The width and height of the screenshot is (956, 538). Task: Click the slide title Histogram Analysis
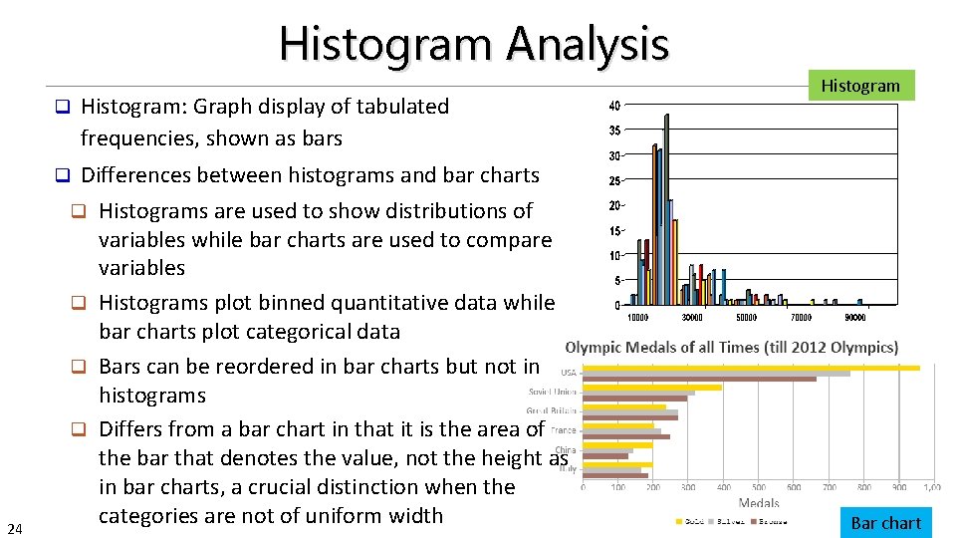[474, 44]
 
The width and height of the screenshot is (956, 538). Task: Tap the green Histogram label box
[859, 86]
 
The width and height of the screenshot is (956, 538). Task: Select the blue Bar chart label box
[885, 523]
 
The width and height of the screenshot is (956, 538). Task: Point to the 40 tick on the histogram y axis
[614, 106]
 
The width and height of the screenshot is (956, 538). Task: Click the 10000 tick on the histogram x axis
[637, 318]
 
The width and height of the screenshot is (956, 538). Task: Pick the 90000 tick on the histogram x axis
[855, 318]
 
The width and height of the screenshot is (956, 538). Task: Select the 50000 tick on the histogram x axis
[746, 318]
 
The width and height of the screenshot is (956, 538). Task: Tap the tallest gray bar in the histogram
[666, 209]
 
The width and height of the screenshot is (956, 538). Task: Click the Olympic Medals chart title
[731, 348]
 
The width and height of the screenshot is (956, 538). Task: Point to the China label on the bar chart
[566, 450]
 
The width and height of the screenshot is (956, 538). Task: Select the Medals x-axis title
[759, 503]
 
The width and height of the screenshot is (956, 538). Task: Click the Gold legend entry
[695, 521]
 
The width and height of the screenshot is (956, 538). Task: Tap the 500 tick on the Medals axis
[759, 487]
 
